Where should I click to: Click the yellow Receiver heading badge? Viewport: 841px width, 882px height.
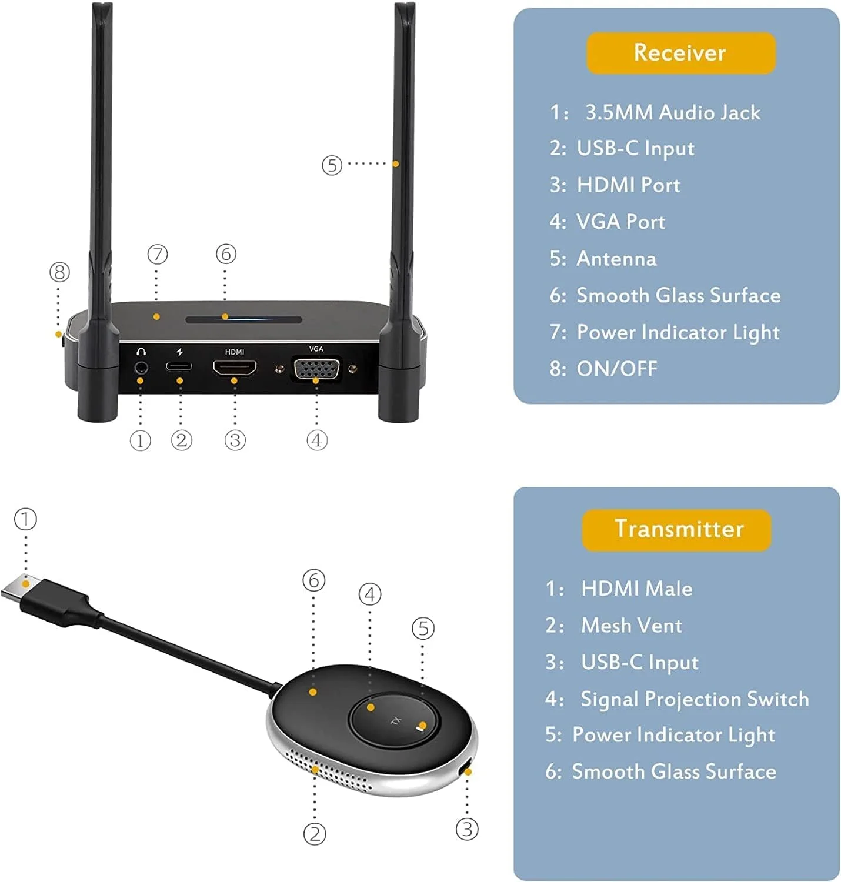point(680,53)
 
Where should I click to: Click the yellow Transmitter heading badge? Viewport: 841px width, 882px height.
point(676,530)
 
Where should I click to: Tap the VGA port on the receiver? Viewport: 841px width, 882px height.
point(316,370)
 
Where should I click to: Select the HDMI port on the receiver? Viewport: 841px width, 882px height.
point(235,368)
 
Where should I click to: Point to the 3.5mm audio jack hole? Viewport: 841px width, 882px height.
point(141,369)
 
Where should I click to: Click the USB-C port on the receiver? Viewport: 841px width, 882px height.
point(179,367)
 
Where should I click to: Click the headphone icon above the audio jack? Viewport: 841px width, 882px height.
point(141,352)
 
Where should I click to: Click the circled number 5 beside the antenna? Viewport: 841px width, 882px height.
point(332,165)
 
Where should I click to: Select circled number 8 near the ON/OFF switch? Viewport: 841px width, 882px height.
point(59,272)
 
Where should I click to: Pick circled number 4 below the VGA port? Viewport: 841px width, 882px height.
point(316,440)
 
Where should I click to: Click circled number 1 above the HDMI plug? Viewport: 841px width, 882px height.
point(25,519)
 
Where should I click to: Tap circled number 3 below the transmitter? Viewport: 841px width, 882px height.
point(467,830)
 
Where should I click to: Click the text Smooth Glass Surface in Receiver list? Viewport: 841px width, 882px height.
point(678,296)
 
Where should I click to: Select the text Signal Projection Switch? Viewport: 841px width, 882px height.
point(695,699)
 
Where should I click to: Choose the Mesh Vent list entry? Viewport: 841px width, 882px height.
point(631,626)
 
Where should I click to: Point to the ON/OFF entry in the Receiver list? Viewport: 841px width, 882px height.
point(616,369)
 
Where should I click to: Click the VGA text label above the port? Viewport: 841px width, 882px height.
point(316,349)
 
